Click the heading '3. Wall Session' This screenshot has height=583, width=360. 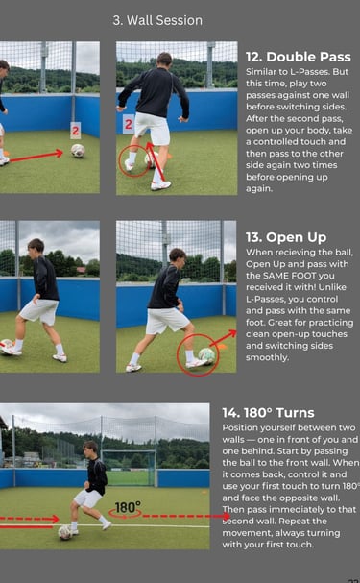157,20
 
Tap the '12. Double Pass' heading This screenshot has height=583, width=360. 298,57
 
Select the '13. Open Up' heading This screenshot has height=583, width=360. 286,237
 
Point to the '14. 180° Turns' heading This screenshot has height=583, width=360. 268,413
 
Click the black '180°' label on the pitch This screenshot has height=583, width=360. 128,507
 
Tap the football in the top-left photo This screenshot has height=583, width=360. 78,151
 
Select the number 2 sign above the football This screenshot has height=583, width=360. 76,131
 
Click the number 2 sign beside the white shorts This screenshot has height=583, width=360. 129,124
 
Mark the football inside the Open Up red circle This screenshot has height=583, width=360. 206,354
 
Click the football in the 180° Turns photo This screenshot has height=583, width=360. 64,532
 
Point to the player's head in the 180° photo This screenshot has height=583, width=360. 90,449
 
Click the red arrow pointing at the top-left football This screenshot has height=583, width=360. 36,157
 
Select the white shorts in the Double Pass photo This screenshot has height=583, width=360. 153,128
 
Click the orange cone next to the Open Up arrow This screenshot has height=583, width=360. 222,347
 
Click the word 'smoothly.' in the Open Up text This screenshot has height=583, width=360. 267,357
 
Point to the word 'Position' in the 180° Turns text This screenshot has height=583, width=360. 237,428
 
